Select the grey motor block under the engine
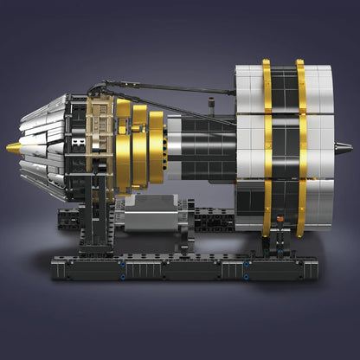(x=151, y=212)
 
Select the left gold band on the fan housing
(x=267, y=147)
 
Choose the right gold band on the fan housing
(x=300, y=147)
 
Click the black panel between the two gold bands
(x=284, y=147)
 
